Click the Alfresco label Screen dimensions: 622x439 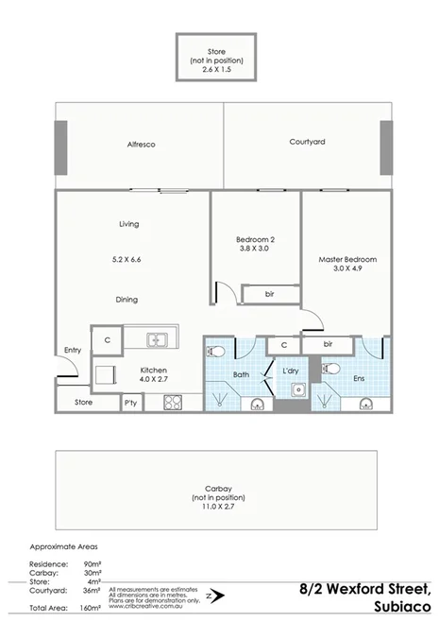[x=141, y=145]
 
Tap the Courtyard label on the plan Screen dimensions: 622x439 [x=307, y=142]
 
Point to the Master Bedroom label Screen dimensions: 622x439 [x=347, y=259]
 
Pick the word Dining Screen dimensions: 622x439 [x=127, y=300]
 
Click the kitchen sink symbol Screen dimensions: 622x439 [x=159, y=339]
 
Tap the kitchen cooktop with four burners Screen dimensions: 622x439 [x=172, y=402]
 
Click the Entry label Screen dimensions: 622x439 [x=73, y=351]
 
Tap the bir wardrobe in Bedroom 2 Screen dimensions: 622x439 [x=269, y=295]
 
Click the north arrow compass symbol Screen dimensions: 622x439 [x=215, y=596]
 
